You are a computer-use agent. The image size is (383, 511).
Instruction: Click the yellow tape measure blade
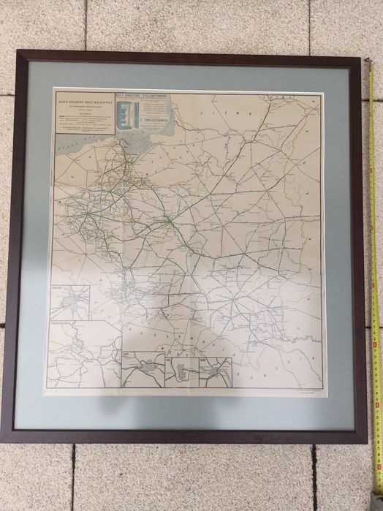tap(375, 292)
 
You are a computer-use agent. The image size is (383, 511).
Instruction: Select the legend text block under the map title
tap(80, 124)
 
